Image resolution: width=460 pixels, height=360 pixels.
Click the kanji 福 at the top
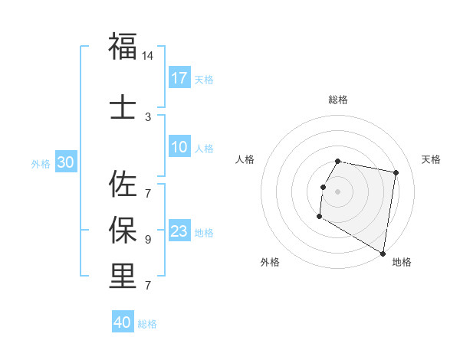[x=123, y=47]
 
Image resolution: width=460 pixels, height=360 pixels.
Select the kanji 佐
[x=123, y=184]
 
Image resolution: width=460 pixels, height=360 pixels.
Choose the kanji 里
[x=123, y=277]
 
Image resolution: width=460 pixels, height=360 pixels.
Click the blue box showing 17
[x=179, y=78]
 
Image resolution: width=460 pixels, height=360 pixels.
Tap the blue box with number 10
[x=179, y=147]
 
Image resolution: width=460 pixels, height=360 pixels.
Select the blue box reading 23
[x=179, y=231]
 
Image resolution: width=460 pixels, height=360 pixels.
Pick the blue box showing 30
[x=66, y=162]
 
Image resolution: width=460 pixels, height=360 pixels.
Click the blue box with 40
[x=123, y=322]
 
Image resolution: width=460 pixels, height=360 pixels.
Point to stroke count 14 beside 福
[x=148, y=56]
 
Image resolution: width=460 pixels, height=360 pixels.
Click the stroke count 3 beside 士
[x=148, y=116]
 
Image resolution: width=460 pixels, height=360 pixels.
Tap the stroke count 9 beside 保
[x=148, y=239]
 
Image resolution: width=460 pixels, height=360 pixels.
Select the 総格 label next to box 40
[x=147, y=324]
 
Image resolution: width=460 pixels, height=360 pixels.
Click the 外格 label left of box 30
[x=41, y=163]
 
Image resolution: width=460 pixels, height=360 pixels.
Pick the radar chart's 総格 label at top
[x=337, y=100]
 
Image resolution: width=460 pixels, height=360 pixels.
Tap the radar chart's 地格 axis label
[x=402, y=262]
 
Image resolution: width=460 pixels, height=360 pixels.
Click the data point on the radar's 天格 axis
[x=396, y=173]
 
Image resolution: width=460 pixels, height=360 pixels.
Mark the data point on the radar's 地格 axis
[x=383, y=253]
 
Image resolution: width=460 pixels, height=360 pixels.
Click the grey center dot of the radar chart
[x=337, y=191]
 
